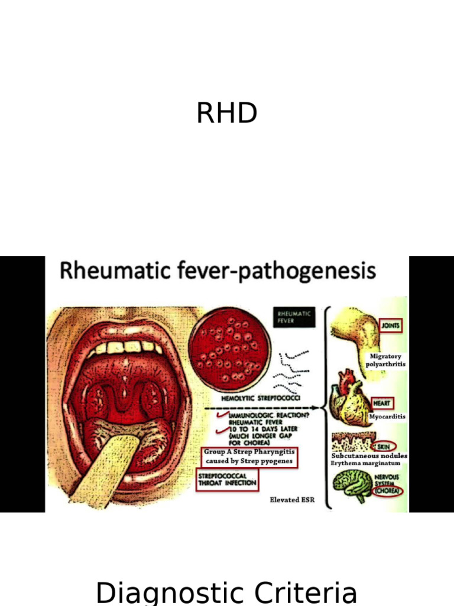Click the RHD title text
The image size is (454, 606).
226,114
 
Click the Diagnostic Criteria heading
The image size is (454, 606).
226,592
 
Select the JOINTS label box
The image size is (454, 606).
390,325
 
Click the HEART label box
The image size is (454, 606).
381,403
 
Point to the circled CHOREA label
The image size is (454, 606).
387,490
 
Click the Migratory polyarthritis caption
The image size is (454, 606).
385,360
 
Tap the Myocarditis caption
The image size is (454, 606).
387,417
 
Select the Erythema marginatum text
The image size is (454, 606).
366,463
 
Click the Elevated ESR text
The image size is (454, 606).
292,500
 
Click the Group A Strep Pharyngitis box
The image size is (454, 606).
249,456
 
